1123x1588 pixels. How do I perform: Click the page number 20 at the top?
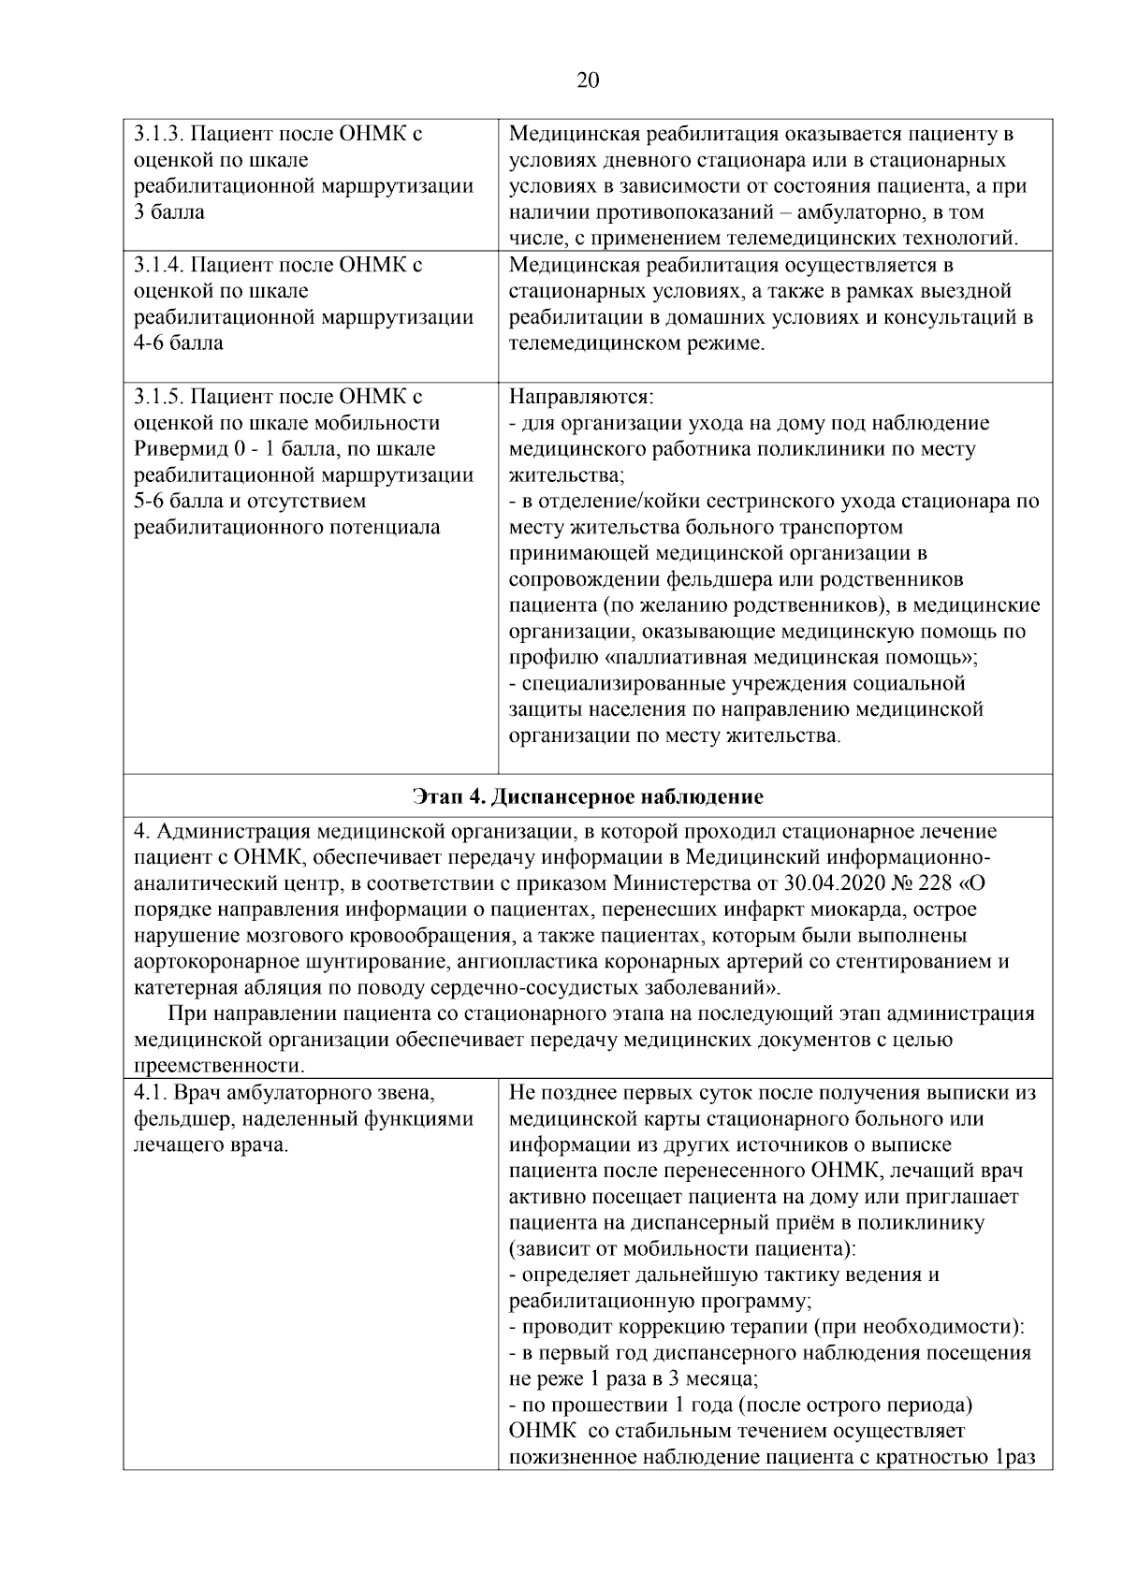(x=588, y=80)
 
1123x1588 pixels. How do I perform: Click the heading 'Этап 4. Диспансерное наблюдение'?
(x=588, y=796)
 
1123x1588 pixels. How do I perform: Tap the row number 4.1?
(x=151, y=1092)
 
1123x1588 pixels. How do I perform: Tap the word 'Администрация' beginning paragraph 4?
(x=232, y=831)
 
